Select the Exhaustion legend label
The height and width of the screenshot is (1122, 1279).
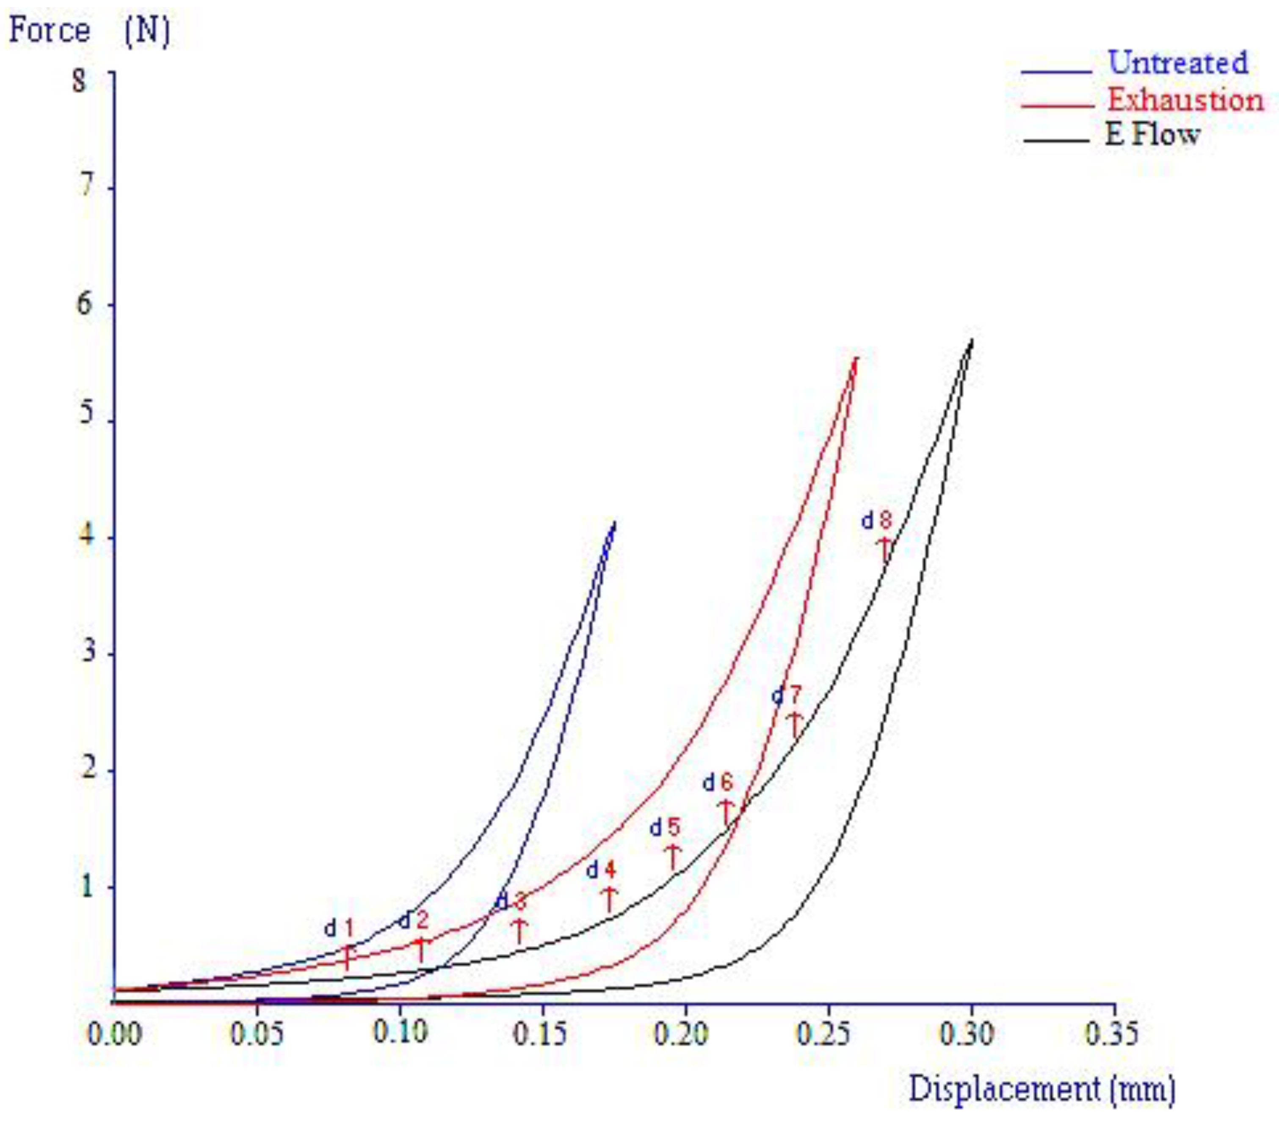click(x=1185, y=100)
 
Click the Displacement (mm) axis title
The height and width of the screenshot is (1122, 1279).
click(x=1042, y=1089)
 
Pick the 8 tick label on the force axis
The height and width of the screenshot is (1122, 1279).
click(x=80, y=81)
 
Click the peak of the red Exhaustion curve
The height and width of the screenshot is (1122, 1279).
click(x=856, y=358)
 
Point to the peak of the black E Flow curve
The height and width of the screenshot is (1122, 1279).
click(x=972, y=340)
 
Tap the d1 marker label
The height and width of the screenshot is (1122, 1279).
click(x=339, y=928)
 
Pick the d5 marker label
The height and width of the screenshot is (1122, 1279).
click(x=665, y=828)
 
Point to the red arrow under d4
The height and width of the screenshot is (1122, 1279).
click(x=609, y=900)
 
